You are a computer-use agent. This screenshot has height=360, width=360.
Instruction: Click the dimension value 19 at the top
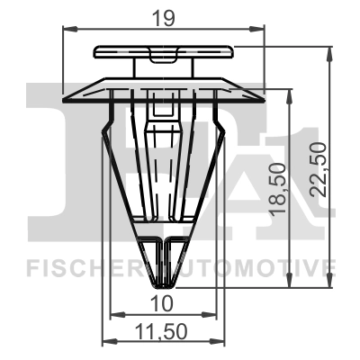[x=164, y=15]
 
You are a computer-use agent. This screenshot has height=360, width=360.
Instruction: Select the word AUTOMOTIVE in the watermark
[x=261, y=266]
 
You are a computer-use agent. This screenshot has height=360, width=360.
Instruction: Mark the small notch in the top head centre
[x=165, y=59]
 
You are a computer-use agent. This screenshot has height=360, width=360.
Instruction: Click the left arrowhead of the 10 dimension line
[x=113, y=313]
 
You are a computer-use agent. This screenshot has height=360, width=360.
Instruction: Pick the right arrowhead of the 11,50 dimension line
[x=219, y=342]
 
